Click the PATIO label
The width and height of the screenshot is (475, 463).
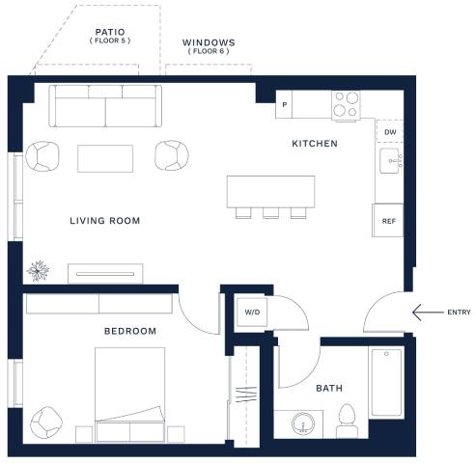[x=110, y=32]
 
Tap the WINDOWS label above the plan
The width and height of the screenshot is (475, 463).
[x=209, y=42]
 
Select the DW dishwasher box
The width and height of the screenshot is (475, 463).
[x=390, y=131]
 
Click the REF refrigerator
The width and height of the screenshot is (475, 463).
[x=388, y=221]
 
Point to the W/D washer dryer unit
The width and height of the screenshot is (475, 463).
[x=252, y=313]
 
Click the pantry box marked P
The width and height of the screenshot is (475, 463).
[x=284, y=104]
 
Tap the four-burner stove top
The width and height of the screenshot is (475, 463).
[x=346, y=104]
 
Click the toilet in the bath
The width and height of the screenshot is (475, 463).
[x=347, y=421]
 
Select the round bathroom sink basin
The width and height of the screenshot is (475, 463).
[x=302, y=423]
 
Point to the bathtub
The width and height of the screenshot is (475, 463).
[x=386, y=383]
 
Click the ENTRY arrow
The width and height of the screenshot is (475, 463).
[x=428, y=313]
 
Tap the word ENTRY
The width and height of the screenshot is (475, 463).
[x=459, y=313]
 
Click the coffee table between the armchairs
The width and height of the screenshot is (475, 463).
[x=105, y=158]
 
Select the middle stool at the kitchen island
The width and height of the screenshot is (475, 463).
[x=270, y=213]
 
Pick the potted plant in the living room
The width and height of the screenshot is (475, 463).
[x=38, y=271]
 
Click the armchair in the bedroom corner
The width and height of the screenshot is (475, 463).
[x=46, y=422]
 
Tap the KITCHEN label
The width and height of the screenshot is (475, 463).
[x=315, y=144]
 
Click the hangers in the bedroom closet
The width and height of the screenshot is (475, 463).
[x=246, y=395]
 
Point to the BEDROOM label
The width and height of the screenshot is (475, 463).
[x=130, y=331]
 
